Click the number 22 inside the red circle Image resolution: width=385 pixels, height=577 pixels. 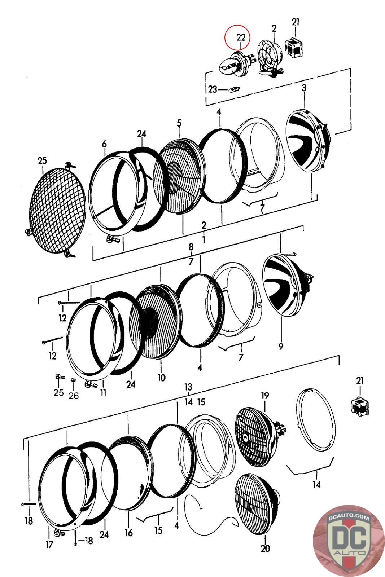(241, 37)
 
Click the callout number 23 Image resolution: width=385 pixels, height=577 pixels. (212, 89)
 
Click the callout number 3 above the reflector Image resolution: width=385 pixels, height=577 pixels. (304, 88)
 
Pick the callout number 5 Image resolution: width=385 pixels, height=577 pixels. (179, 123)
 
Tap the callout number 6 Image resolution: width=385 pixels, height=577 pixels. (104, 144)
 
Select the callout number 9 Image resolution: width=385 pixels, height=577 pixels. (281, 347)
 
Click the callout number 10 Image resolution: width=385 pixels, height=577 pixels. (161, 378)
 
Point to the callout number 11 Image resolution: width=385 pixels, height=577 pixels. (103, 392)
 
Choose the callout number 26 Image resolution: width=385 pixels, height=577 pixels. (74, 396)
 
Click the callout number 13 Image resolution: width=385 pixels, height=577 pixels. (188, 387)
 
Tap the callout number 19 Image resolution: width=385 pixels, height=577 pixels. (264, 396)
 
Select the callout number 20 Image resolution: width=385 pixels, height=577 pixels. (265, 549)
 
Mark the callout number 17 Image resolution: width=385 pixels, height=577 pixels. (49, 545)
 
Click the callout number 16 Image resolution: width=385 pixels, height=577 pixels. (128, 532)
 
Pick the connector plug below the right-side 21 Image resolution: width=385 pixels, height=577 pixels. (359, 406)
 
